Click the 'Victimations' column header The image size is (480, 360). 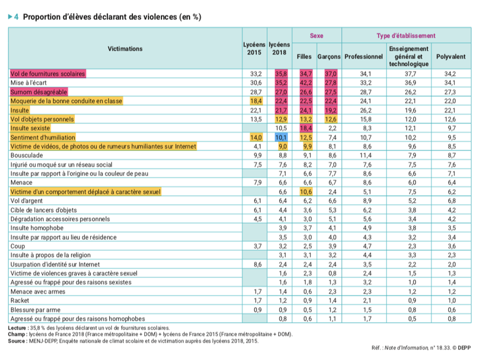click(x=125, y=48)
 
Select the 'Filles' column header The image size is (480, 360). click(x=304, y=56)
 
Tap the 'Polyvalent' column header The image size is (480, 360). click(x=450, y=56)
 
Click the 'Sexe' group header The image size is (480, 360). click(x=316, y=36)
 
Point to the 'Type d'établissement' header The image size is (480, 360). click(x=406, y=36)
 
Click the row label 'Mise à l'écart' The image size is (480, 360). click(x=28, y=82)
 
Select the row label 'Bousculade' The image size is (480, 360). click(x=26, y=155)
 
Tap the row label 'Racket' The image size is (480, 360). click(x=20, y=300)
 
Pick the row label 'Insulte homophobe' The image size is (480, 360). click(x=37, y=228)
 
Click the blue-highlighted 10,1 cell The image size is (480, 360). click(x=281, y=137)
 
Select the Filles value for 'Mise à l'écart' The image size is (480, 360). click(x=306, y=82)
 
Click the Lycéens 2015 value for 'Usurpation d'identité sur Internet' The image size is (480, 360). click(x=258, y=264)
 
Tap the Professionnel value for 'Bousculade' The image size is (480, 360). click(x=366, y=155)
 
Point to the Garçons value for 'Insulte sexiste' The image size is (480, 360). click(x=332, y=128)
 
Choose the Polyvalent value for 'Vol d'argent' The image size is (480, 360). click(x=452, y=201)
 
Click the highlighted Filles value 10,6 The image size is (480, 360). click(x=306, y=192)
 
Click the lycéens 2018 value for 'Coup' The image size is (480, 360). click(x=283, y=246)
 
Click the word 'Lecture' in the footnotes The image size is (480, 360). click(x=17, y=328)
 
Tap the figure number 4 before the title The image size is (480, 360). click(x=16, y=17)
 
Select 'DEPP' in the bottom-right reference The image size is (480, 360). click(x=464, y=348)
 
